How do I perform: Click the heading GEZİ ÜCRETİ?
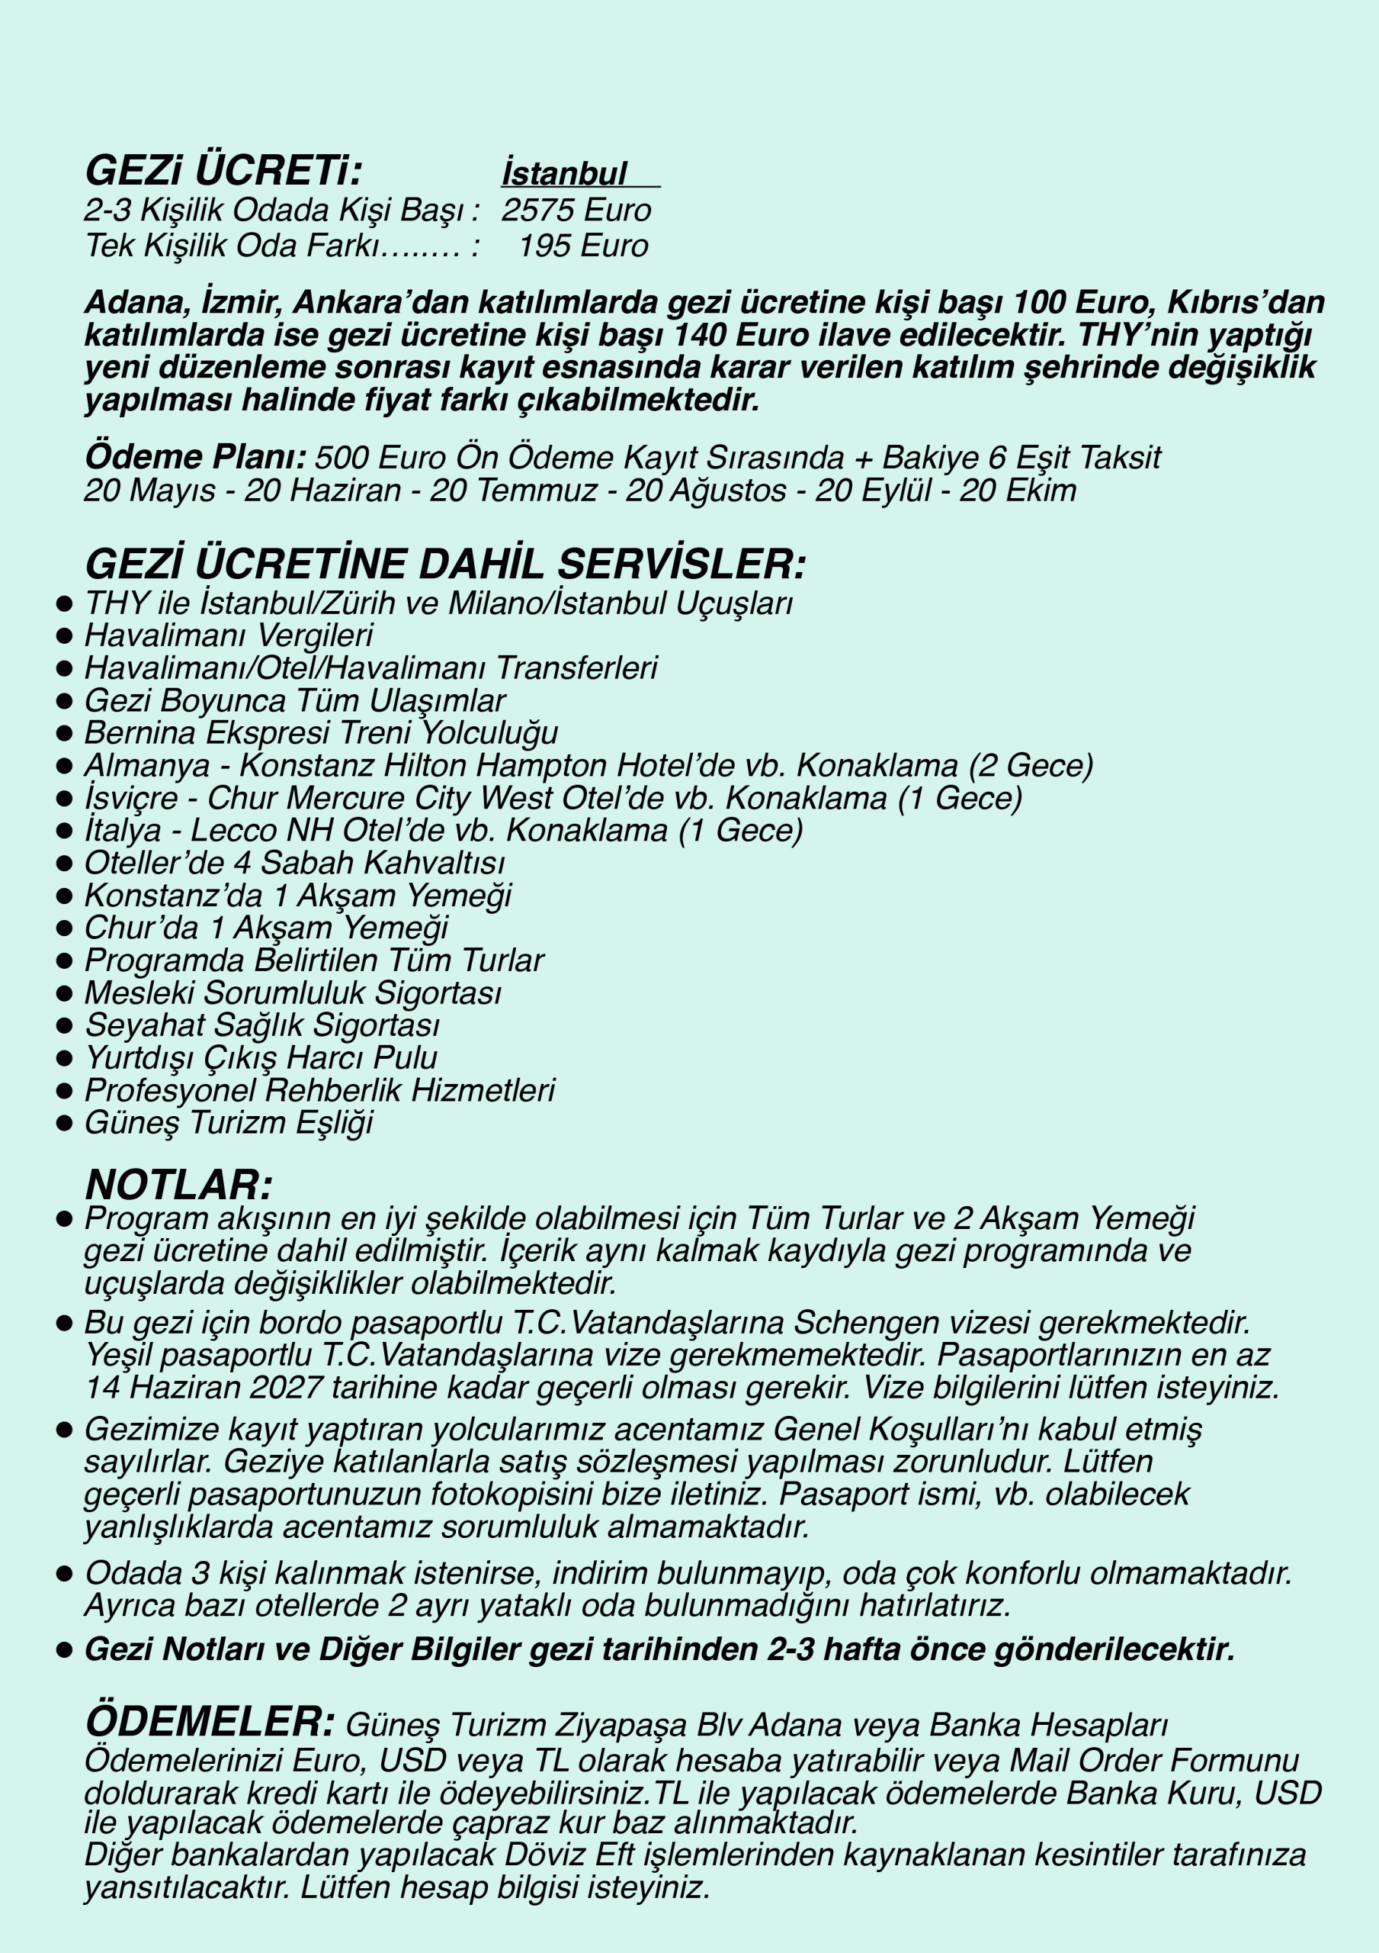click(x=223, y=170)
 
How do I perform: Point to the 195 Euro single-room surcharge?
click(x=582, y=246)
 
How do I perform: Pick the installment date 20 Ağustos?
click(x=706, y=491)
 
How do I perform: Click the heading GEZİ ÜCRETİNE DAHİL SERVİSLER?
click(x=444, y=564)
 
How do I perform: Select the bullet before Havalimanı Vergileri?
click(x=64, y=636)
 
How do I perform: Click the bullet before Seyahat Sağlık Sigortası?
click(x=64, y=1026)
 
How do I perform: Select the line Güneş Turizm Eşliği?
click(x=229, y=1123)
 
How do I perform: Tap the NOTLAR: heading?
click(x=178, y=1185)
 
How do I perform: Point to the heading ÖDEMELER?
click(x=210, y=1722)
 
